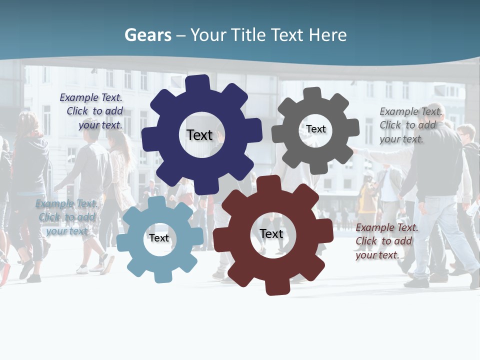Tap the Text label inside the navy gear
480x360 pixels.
click(199, 135)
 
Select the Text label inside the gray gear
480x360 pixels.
click(316, 129)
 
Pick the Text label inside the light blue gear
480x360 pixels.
click(159, 238)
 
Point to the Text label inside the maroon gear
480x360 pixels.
click(271, 233)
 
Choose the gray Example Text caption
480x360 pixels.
click(410, 125)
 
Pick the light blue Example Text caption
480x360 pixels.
click(67, 217)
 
